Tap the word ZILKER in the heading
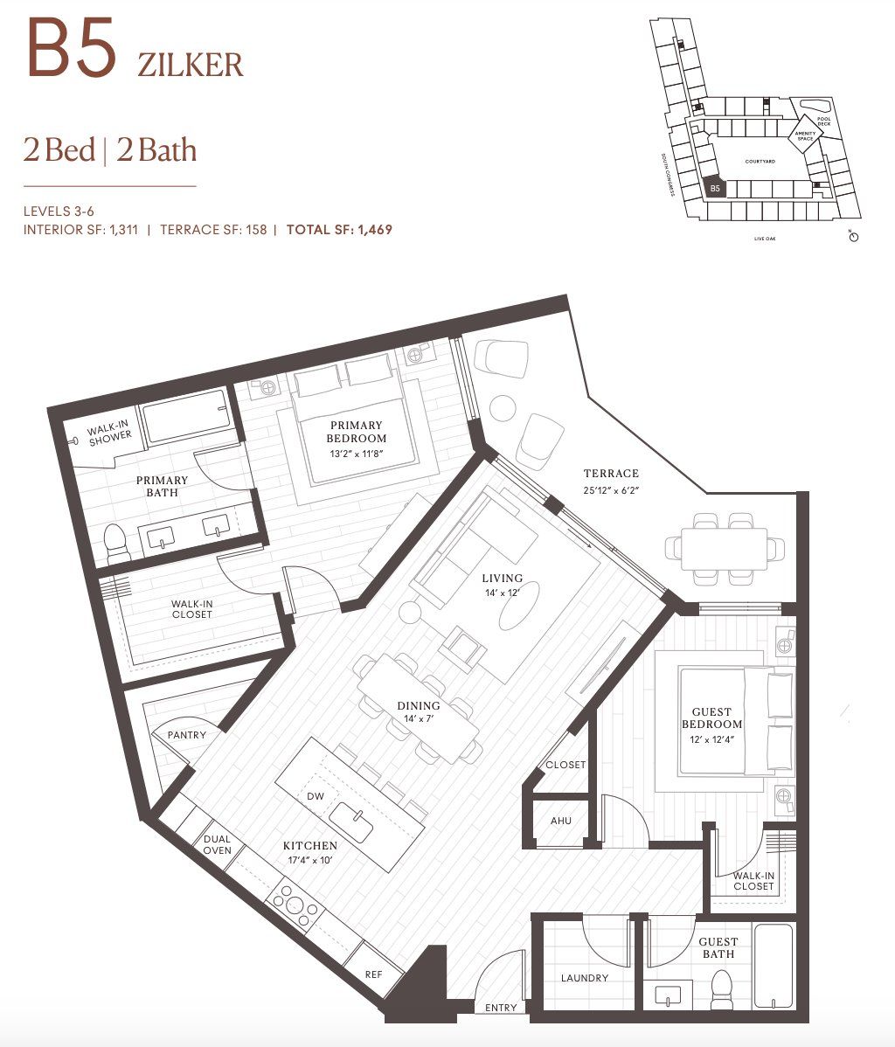tap(190, 65)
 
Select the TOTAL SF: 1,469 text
tap(339, 230)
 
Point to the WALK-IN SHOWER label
tap(109, 429)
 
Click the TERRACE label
tap(611, 474)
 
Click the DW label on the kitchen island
tap(316, 796)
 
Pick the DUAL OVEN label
tap(217, 845)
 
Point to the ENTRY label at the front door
tap(501, 1008)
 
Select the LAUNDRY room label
tap(584, 978)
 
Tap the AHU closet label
tap(560, 822)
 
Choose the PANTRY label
tap(186, 735)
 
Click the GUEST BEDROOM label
tap(711, 718)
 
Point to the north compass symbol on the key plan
tap(854, 236)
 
